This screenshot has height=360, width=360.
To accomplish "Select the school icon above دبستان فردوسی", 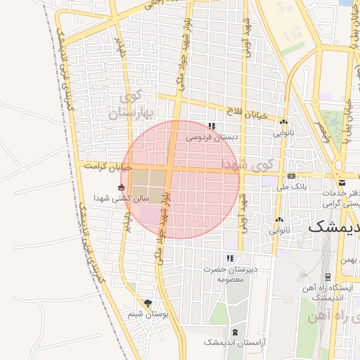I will [x=211, y=127].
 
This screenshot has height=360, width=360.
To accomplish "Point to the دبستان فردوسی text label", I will [x=212, y=139].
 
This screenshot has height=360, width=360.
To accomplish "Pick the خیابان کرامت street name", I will [x=108, y=167].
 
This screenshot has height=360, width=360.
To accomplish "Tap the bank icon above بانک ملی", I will [x=291, y=176].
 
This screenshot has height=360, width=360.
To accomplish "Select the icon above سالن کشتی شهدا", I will [x=122, y=188].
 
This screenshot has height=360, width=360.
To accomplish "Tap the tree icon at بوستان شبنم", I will [x=147, y=303].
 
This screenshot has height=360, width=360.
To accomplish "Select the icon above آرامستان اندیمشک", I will [x=234, y=331].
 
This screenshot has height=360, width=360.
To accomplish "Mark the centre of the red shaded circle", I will [x=181, y=179].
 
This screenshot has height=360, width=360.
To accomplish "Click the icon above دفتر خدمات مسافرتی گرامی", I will [x=342, y=182].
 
